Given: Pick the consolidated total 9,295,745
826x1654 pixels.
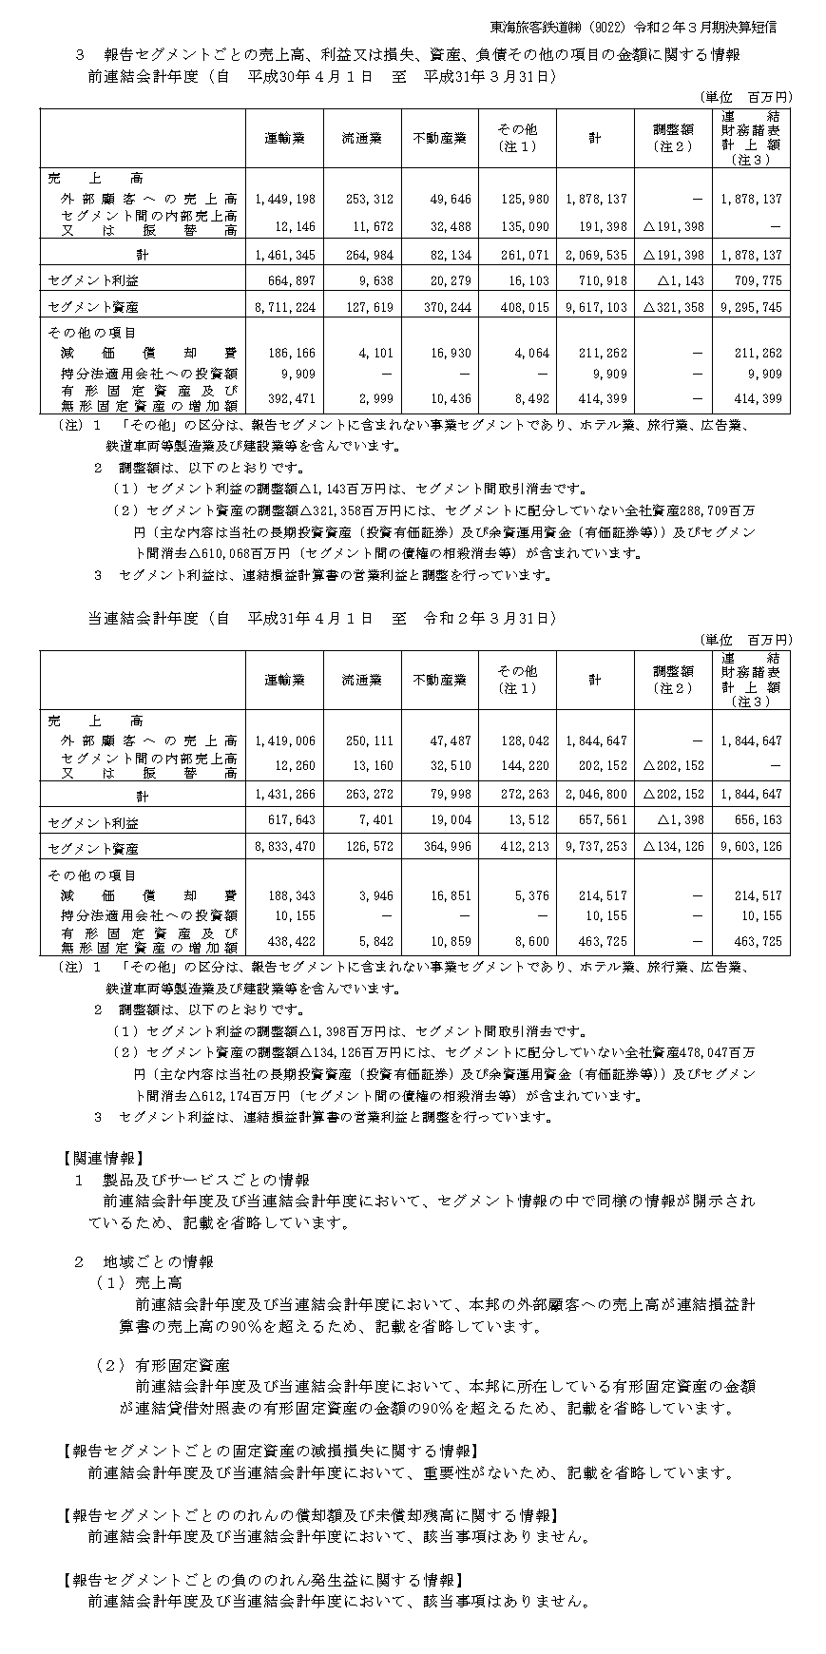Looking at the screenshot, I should (750, 308).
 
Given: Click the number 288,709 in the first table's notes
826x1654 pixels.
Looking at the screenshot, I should (699, 510).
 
